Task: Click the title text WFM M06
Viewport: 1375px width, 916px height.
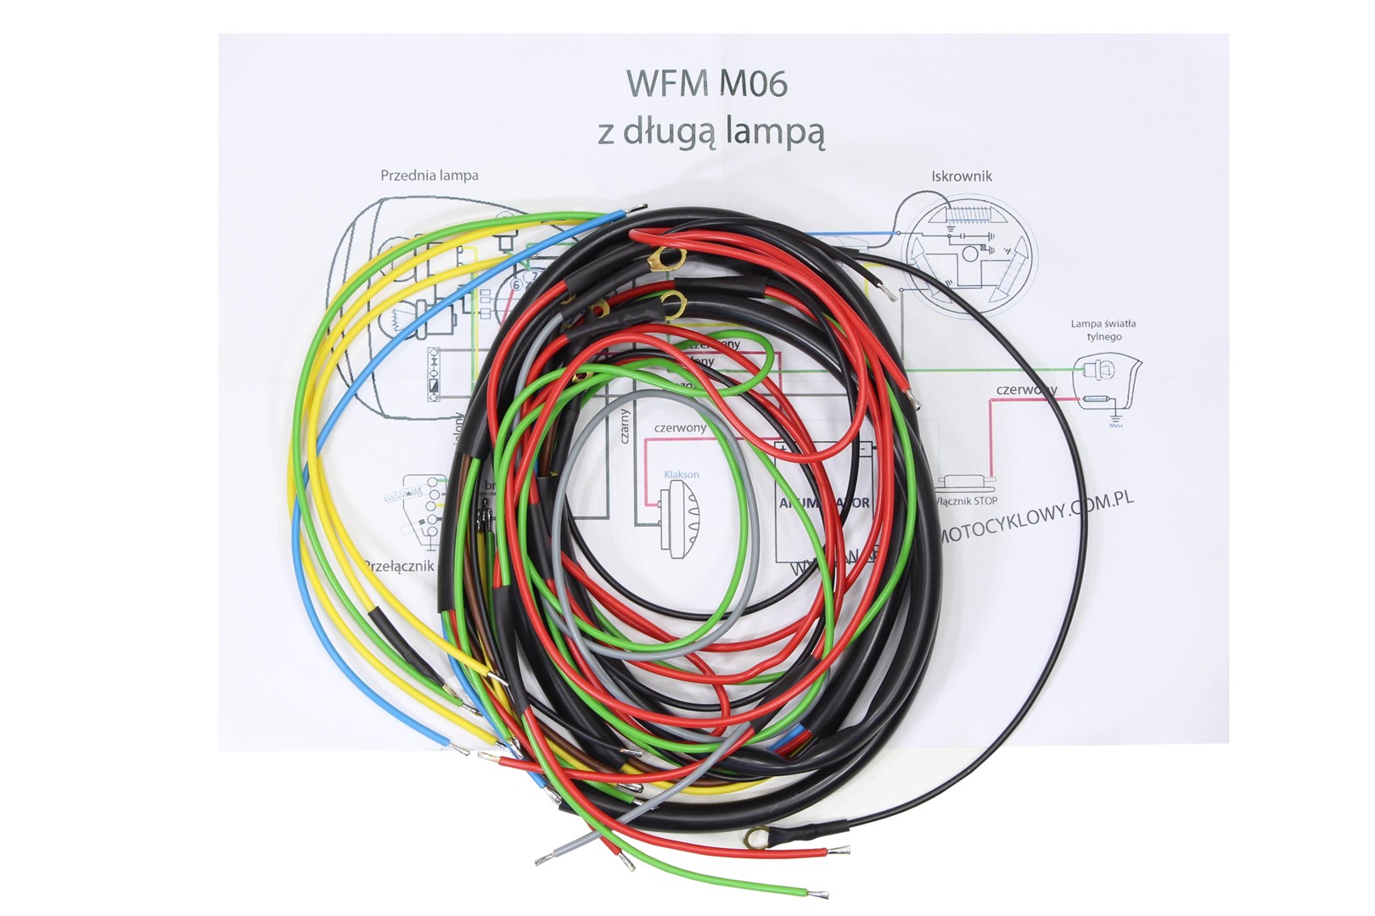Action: [707, 84]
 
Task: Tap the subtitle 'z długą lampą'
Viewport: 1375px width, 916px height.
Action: [711, 133]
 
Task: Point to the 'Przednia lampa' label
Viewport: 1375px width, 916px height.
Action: [429, 176]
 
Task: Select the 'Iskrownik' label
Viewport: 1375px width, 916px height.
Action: [961, 176]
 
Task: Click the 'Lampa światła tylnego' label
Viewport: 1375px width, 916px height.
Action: [1103, 330]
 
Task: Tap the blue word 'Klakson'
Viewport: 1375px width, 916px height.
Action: [682, 474]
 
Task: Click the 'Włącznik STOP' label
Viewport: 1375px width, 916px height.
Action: [968, 500]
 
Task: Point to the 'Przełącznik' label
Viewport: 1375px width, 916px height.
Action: [399, 566]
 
